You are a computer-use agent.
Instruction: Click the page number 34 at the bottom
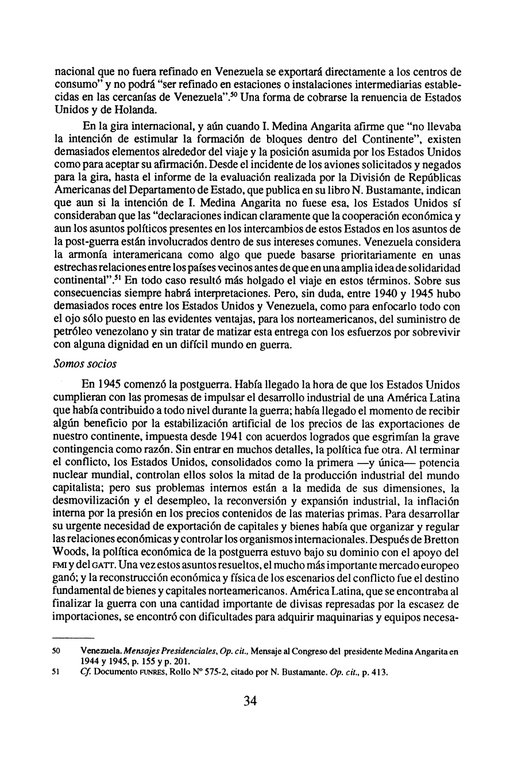click(250, 717)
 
